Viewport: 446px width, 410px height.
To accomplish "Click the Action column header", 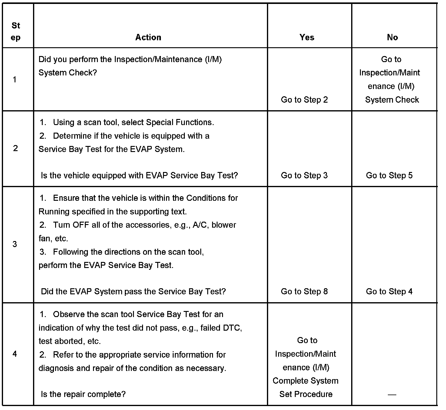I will (148, 37).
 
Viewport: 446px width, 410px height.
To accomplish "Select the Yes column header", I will (307, 37).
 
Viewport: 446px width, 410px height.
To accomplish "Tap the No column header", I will (392, 37).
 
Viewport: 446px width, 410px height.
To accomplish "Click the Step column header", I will (16, 31).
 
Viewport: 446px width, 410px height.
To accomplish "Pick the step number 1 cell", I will (15, 80).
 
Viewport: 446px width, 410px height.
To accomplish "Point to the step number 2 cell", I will (15, 148).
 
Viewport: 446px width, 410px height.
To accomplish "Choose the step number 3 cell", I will (15, 244).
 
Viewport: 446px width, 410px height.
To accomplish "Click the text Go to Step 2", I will (304, 100).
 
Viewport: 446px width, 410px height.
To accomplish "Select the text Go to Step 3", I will (304, 175).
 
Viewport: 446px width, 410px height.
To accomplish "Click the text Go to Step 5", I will (389, 175).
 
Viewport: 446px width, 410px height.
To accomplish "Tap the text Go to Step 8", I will (304, 291).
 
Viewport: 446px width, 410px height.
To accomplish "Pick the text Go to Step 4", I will (389, 291).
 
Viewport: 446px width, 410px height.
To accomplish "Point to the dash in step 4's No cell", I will (392, 394).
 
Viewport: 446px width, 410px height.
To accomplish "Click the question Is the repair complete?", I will (83, 394).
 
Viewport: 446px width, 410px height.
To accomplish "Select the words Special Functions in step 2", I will (180, 122).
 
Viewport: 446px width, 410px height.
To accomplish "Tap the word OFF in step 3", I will (80, 225).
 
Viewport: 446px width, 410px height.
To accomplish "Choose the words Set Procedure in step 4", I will (306, 394).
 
